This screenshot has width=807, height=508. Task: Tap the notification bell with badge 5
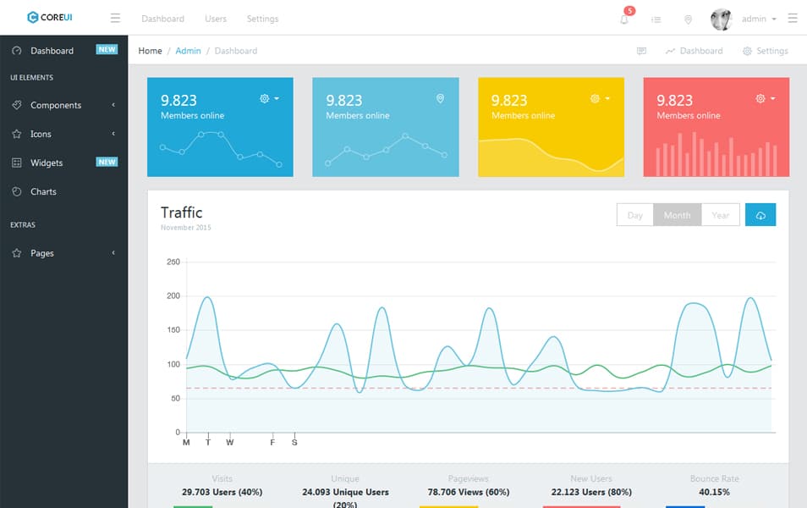[624, 19]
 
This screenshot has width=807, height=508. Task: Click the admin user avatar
[721, 19]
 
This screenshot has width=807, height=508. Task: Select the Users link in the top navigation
[216, 19]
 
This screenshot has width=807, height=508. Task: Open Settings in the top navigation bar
[262, 19]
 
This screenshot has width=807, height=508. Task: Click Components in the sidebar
[56, 105]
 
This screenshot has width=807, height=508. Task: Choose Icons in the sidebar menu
[41, 134]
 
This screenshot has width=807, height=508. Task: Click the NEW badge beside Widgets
[107, 162]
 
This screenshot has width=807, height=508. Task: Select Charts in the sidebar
[43, 191]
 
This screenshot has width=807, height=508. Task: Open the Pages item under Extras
[42, 253]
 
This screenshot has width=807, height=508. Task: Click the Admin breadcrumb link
[188, 51]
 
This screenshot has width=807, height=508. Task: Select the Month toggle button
[677, 215]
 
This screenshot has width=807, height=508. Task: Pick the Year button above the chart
[720, 215]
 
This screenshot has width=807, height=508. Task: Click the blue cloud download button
[760, 215]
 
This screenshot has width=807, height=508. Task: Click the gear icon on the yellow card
[596, 99]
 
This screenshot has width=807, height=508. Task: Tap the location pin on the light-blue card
[440, 99]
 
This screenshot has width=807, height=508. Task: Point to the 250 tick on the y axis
[173, 262]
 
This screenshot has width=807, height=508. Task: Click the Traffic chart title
[182, 213]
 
